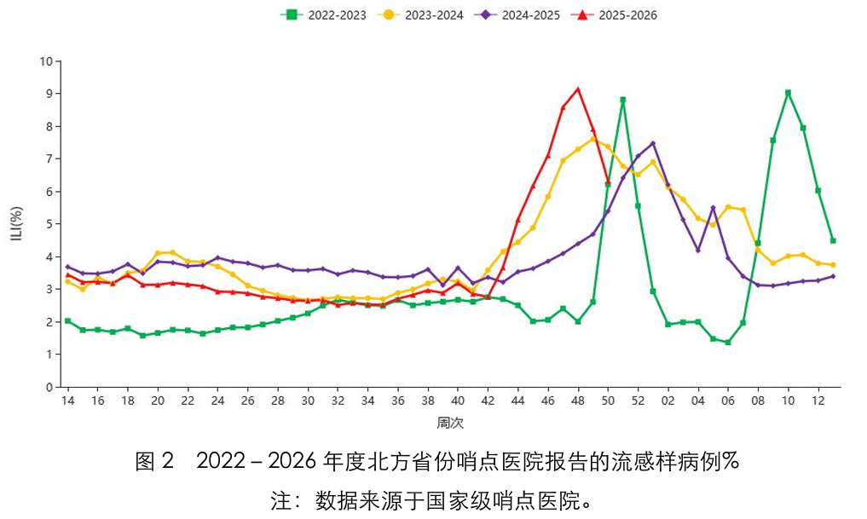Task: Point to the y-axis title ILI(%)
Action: (x=16, y=223)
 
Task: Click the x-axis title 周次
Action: (x=450, y=423)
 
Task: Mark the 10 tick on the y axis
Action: (x=45, y=61)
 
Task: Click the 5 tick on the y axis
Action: (x=49, y=224)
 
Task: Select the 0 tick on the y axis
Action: (x=49, y=387)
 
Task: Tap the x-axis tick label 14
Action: (x=67, y=401)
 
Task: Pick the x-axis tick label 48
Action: (x=578, y=401)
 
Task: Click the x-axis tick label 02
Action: (x=668, y=401)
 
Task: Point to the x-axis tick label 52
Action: (x=638, y=401)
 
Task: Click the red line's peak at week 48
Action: (x=578, y=89)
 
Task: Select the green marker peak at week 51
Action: (x=623, y=100)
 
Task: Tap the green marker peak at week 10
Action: (x=788, y=92)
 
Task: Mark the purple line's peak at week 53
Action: (x=653, y=143)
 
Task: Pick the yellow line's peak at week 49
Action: (x=592, y=138)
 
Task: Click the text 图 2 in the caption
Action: (x=154, y=462)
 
